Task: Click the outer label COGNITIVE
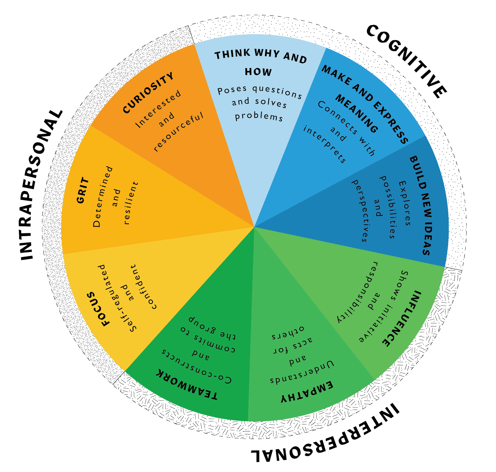pos(407,61)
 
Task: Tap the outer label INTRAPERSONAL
pos(42,185)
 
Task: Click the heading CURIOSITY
pos(148,93)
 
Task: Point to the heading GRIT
pos(83,191)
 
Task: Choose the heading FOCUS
pos(100,309)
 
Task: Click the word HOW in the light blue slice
pos(258,72)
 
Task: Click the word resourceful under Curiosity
pos(179,132)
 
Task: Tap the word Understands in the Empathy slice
pos(302,373)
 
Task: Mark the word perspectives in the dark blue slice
pos(359,211)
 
